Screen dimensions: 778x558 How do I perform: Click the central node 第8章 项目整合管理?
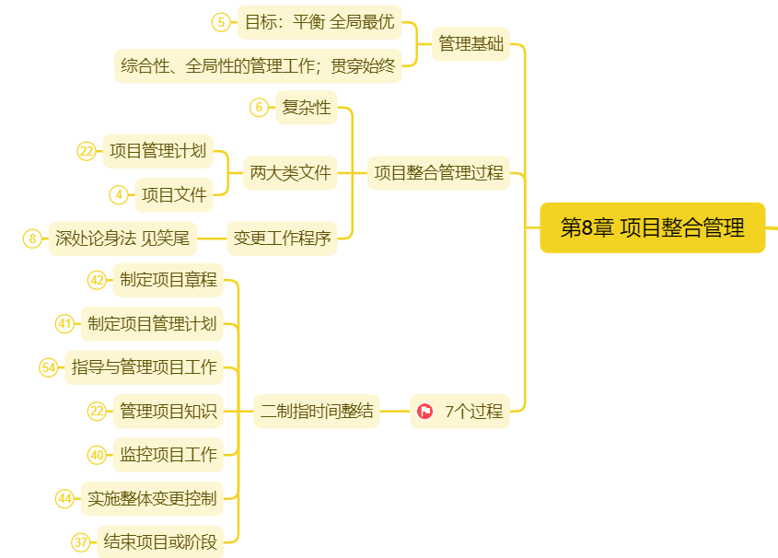tap(652, 227)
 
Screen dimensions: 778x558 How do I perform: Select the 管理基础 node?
tap(470, 43)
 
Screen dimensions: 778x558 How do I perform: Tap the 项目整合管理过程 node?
tap(438, 172)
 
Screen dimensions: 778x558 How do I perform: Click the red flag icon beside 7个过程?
tap(424, 412)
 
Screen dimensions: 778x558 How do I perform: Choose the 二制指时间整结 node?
tap(317, 411)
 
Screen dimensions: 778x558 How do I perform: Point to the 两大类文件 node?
tap(290, 172)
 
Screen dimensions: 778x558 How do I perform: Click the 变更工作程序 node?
tap(282, 238)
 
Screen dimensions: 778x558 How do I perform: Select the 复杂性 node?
tap(306, 108)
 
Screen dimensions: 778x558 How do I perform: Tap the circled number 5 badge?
tap(220, 22)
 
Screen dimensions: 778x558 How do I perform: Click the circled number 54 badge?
tap(49, 367)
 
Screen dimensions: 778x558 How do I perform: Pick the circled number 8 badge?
tap(32, 238)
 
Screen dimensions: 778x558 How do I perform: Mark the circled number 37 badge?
tap(81, 542)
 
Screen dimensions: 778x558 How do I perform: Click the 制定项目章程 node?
tap(168, 279)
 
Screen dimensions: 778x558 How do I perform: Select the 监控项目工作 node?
tap(168, 454)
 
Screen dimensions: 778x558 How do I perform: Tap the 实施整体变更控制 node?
tap(153, 499)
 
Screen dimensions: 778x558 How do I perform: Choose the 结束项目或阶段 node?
tap(160, 542)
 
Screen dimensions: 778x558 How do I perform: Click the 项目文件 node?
tap(173, 193)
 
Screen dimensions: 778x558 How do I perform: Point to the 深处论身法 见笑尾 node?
tap(122, 238)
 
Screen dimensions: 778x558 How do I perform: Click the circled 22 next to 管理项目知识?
tap(97, 412)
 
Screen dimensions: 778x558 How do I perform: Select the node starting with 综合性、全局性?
tap(258, 65)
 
